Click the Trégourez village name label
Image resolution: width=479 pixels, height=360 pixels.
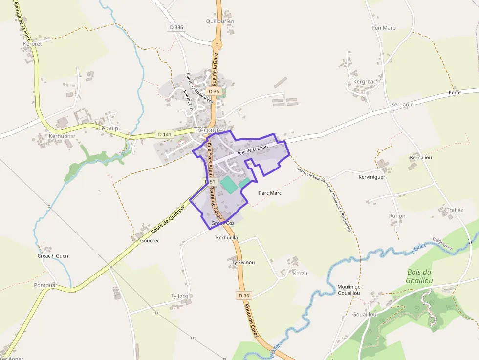tap(210, 130)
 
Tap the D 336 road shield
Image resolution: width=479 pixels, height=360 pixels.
tap(176, 28)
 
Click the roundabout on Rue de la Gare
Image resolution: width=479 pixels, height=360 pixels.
tap(217, 44)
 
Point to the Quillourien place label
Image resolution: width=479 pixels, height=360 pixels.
tap(220, 21)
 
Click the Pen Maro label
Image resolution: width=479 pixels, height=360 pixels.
tap(384, 28)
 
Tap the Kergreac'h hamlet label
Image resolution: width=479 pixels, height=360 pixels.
tap(367, 81)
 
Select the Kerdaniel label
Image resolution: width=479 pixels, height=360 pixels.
tap(403, 105)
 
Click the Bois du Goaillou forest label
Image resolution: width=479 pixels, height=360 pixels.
tap(419, 276)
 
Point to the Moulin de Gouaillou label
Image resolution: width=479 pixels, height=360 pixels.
tap(349, 290)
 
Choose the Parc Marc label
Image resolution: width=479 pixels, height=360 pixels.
tap(270, 193)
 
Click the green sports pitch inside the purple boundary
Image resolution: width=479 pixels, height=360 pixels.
tap(227, 185)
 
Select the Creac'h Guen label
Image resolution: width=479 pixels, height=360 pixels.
tap(53, 256)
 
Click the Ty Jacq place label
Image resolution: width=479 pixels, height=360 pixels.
tap(179, 296)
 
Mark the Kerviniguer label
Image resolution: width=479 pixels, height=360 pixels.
tap(371, 177)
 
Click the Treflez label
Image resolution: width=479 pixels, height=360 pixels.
tap(455, 210)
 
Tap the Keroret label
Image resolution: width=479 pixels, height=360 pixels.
tap(33, 43)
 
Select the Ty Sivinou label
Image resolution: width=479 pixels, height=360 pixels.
tap(243, 262)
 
